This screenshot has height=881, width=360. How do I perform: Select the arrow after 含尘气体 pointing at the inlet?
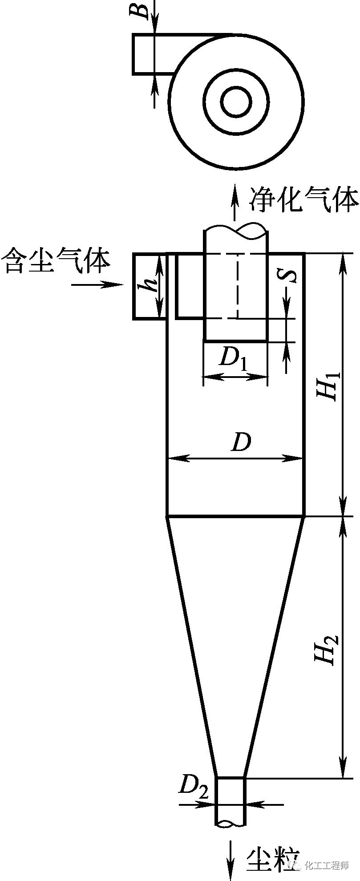[97, 284]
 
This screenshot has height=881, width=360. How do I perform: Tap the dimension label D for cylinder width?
[241, 442]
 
